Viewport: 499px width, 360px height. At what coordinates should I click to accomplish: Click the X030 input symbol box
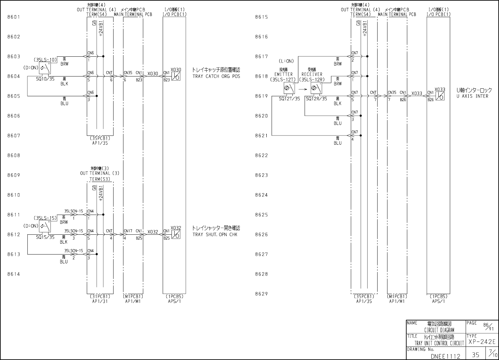[x=176, y=76]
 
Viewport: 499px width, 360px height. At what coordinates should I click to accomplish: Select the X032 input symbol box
[x=176, y=234]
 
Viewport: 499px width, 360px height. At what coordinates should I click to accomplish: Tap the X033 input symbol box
[x=440, y=96]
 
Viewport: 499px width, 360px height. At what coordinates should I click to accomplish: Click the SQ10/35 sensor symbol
[x=45, y=68]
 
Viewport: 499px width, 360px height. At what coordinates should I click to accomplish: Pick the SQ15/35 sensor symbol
[x=45, y=226]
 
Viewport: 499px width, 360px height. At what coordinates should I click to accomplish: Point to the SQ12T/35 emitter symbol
[x=289, y=88]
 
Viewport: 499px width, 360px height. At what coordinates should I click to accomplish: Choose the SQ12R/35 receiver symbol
[x=316, y=88]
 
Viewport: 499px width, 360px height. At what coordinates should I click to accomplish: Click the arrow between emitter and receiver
[x=303, y=89]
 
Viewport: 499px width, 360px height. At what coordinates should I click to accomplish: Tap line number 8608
[x=14, y=155]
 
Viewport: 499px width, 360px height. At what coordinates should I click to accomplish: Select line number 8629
[x=261, y=294]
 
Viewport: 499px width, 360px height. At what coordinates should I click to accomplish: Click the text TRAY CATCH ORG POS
[x=216, y=76]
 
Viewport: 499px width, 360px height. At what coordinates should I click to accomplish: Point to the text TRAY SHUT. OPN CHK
[x=215, y=235]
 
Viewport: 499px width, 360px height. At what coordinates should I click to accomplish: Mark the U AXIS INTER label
[x=472, y=96]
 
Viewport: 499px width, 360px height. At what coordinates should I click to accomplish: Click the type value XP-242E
[x=482, y=342]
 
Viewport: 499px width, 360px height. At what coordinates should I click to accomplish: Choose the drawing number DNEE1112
[x=445, y=356]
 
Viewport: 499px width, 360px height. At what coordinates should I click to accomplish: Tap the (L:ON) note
[x=286, y=61]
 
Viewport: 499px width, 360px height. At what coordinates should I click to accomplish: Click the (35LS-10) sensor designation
[x=45, y=60]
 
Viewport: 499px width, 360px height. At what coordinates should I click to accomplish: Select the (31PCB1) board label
[x=100, y=296]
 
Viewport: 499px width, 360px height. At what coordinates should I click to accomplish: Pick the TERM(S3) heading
[x=100, y=179]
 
